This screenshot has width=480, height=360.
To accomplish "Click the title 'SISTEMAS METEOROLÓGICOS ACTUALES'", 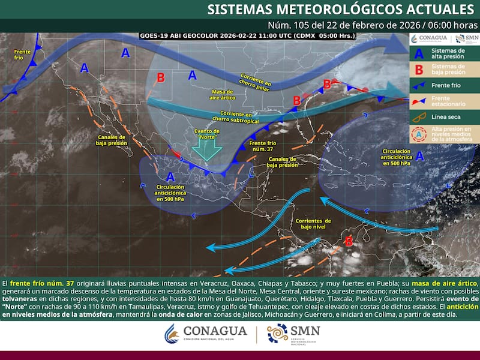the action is [x=340, y=9].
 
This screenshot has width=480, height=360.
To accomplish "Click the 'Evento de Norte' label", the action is [x=208, y=134].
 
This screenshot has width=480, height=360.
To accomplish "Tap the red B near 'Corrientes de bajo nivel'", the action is [x=349, y=241].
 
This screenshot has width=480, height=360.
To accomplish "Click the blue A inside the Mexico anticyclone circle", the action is [x=170, y=176].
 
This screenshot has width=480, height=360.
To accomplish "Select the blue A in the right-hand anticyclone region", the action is [x=419, y=156].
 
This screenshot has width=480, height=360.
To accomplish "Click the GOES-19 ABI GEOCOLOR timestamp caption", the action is [x=247, y=35].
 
